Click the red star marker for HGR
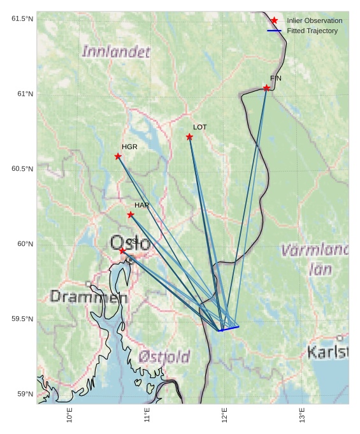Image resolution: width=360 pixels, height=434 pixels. (x=118, y=156)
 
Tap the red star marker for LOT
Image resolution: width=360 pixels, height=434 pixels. (x=189, y=137)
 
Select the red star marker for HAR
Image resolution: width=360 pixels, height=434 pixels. (x=131, y=215)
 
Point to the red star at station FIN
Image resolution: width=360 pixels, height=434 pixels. (x=266, y=88)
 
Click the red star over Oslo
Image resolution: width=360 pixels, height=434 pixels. (x=122, y=251)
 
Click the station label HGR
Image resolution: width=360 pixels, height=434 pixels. (x=129, y=147)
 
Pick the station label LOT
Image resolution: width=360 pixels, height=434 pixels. (x=200, y=127)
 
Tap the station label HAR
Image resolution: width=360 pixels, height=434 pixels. (x=141, y=205)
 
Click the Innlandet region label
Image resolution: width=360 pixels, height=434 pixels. (x=116, y=52)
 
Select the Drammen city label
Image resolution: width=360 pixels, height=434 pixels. (x=88, y=296)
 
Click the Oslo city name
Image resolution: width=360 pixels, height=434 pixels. (x=130, y=243)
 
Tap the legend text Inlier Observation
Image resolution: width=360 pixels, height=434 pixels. (x=314, y=21)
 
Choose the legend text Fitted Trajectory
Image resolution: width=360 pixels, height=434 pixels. (x=312, y=31)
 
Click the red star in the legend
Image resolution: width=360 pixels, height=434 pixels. (x=274, y=21)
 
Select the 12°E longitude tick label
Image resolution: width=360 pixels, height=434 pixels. (x=224, y=416)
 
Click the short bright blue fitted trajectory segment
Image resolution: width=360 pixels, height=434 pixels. (x=229, y=329)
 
